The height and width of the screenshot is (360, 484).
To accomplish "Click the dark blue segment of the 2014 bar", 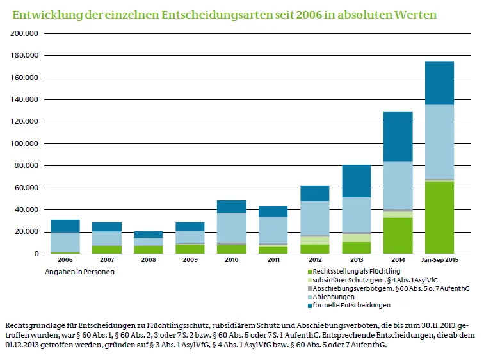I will pyautogui.click(x=398, y=136).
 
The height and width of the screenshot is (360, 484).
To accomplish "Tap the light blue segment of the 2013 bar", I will pyautogui.click(x=356, y=214).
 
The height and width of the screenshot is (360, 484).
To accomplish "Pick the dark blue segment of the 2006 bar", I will pyautogui.click(x=65, y=225).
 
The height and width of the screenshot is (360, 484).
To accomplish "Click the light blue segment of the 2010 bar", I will pyautogui.click(x=231, y=227).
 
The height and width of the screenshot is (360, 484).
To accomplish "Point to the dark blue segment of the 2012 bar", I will pyautogui.click(x=314, y=193).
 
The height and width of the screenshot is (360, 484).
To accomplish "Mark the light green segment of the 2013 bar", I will pyautogui.click(x=356, y=238).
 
